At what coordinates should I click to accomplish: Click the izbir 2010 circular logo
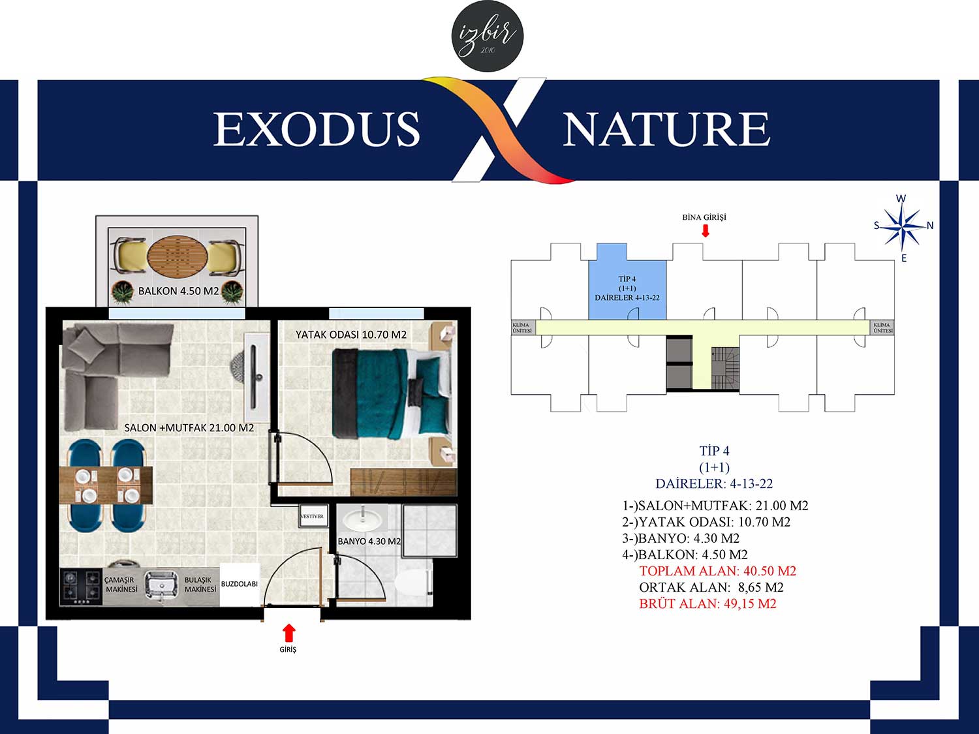pyautogui.click(x=488, y=36)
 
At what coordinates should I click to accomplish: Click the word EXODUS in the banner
pyautogui.click(x=317, y=129)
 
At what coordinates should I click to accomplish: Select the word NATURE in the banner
pyautogui.click(x=667, y=129)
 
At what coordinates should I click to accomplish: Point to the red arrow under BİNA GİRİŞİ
pyautogui.click(x=705, y=230)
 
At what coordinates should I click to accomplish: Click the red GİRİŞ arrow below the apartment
pyautogui.click(x=289, y=632)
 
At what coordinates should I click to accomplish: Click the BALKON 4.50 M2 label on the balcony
pyautogui.click(x=178, y=291)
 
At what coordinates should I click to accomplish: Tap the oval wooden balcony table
pyautogui.click(x=177, y=256)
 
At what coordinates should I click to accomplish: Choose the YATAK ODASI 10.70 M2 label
pyautogui.click(x=351, y=335)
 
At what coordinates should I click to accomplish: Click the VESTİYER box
pyautogui.click(x=313, y=516)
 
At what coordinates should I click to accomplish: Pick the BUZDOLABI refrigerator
pyautogui.click(x=240, y=584)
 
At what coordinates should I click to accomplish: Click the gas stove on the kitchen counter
pyautogui.click(x=81, y=587)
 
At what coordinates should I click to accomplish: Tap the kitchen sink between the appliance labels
pyautogui.click(x=161, y=586)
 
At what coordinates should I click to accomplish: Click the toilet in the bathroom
pyautogui.click(x=413, y=583)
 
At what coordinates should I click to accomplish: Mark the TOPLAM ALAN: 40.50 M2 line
pyautogui.click(x=717, y=571)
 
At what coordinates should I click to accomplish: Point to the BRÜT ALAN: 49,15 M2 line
pyautogui.click(x=707, y=604)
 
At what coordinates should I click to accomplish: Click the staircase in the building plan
pyautogui.click(x=724, y=368)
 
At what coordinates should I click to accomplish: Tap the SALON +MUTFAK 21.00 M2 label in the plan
pyautogui.click(x=189, y=428)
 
